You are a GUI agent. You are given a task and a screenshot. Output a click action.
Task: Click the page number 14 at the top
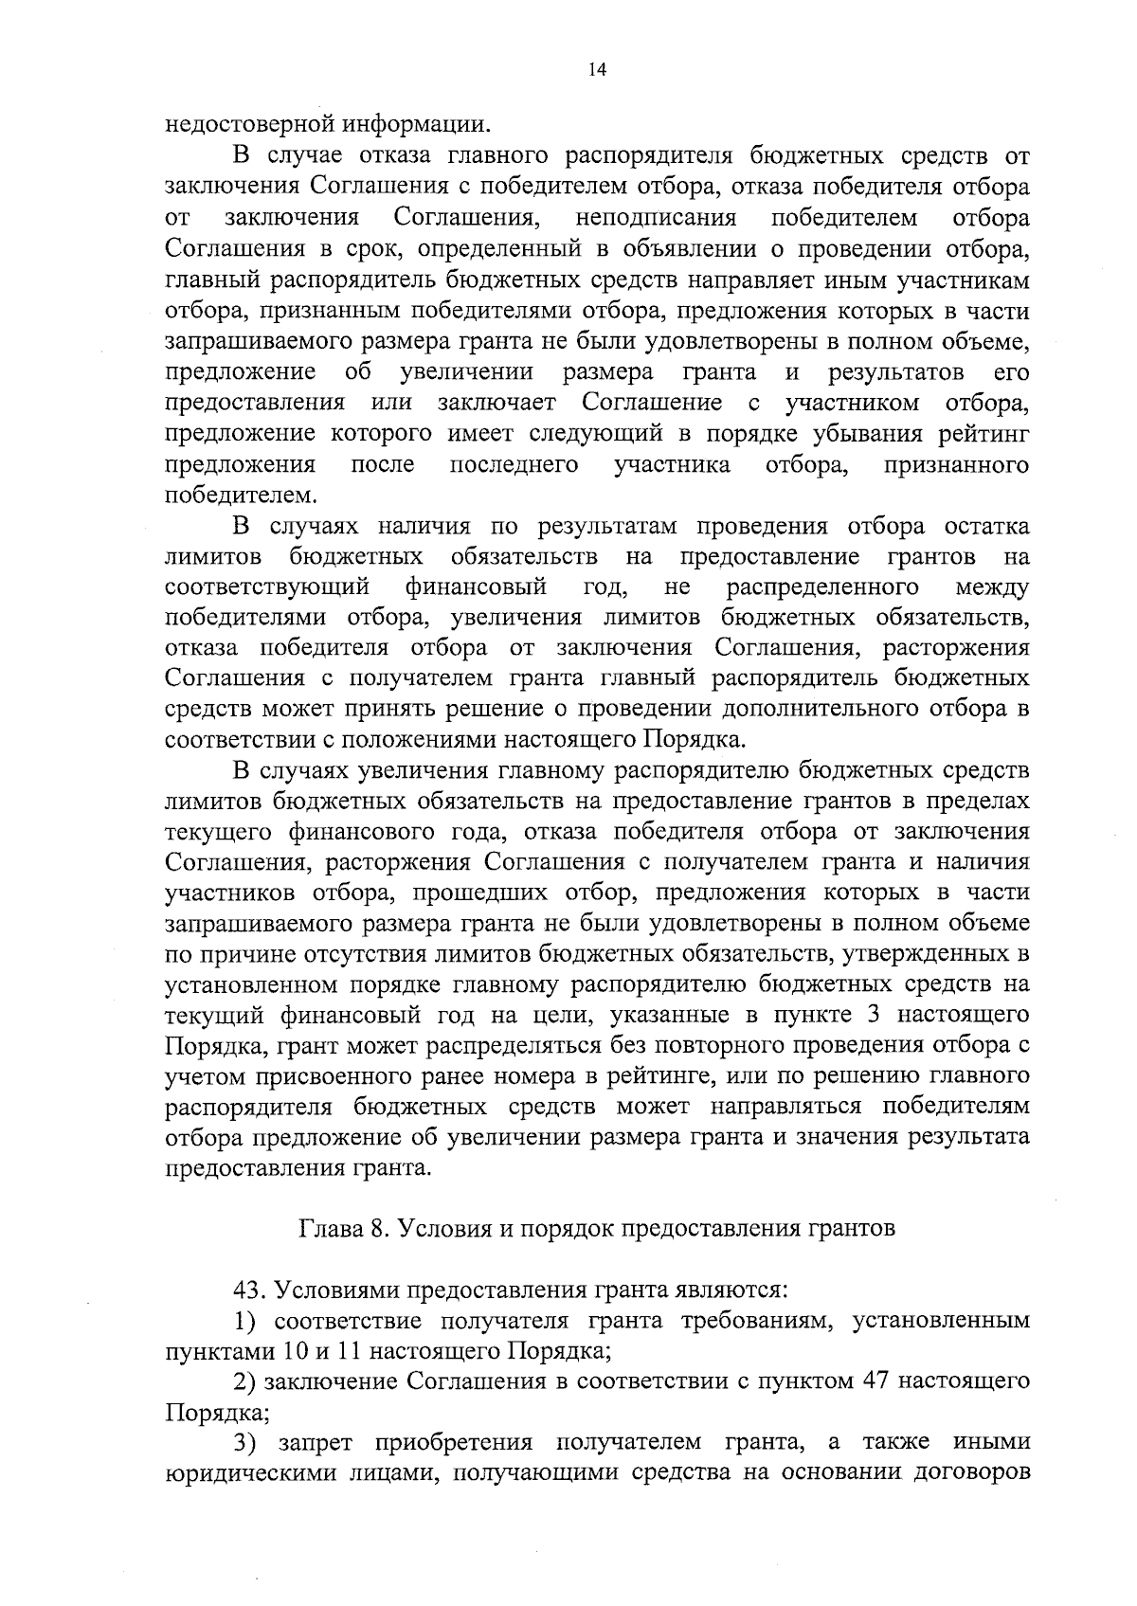click(x=597, y=70)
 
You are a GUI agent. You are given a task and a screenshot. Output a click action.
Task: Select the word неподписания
click(x=656, y=218)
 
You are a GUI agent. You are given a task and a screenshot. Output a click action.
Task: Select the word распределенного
click(x=824, y=587)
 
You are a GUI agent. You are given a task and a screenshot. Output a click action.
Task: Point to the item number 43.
click(x=249, y=1290)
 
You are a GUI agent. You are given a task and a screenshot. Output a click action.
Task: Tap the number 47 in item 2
click(x=866, y=1381)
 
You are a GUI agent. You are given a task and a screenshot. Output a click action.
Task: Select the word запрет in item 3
click(x=317, y=1442)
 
